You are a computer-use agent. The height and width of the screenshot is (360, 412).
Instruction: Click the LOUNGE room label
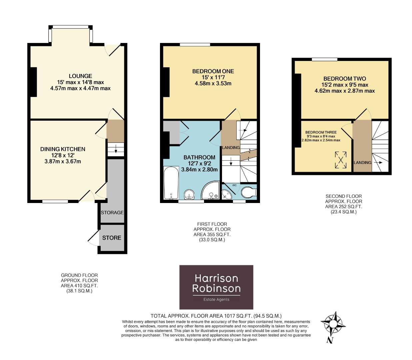[80, 76]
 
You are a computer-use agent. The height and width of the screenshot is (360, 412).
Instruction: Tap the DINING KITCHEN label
[63, 149]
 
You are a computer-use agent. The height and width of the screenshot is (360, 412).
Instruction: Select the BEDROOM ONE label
[213, 71]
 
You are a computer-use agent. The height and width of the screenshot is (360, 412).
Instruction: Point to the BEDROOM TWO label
[344, 79]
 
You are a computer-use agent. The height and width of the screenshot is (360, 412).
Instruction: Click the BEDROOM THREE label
[321, 132]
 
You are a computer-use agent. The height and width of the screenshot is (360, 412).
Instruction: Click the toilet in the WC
[248, 192]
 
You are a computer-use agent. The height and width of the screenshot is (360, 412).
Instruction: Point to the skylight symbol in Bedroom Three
[340, 159]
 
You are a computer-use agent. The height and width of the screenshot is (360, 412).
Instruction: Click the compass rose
[333, 323]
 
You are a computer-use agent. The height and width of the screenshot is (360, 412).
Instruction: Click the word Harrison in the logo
[216, 278]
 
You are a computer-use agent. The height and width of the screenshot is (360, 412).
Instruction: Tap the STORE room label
[112, 238]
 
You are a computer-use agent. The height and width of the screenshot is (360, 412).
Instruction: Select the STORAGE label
[112, 212]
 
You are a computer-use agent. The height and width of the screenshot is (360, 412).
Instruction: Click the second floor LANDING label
[362, 162]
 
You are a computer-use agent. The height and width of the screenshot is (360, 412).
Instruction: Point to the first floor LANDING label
[231, 147]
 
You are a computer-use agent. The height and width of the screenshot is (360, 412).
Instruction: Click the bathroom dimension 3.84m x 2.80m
[199, 169]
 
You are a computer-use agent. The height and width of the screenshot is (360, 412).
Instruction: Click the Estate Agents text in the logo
[216, 299]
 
